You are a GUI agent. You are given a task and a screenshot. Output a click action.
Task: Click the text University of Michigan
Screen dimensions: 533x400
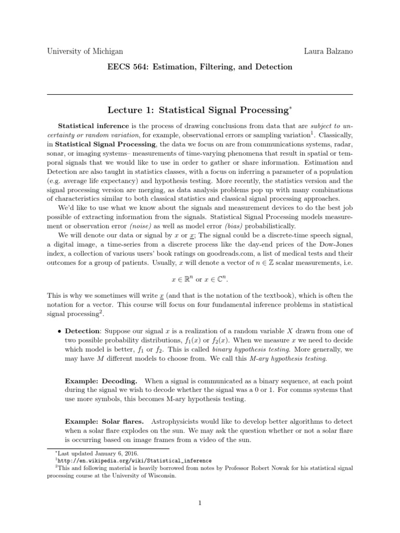(x=85, y=51)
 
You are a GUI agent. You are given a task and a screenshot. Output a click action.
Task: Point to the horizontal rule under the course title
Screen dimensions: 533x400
(x=199, y=95)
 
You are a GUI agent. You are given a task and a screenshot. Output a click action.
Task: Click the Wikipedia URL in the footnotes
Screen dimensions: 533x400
(x=135, y=461)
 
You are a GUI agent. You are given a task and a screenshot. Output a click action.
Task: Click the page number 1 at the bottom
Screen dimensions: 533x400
(x=199, y=503)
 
